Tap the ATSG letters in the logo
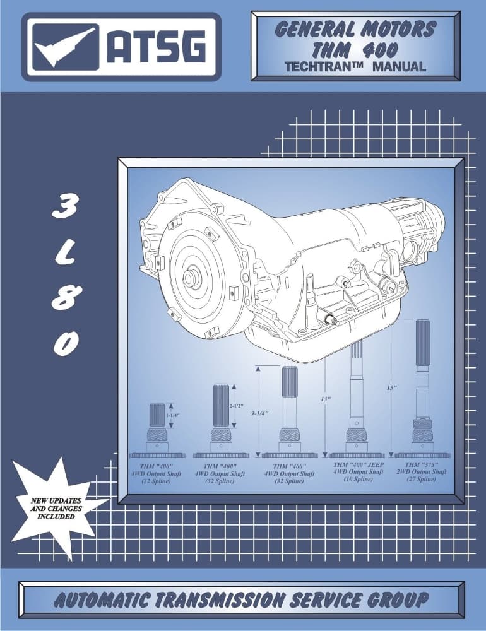(x=155, y=47)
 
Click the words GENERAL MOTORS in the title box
(x=355, y=29)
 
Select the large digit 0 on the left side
(x=65, y=343)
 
